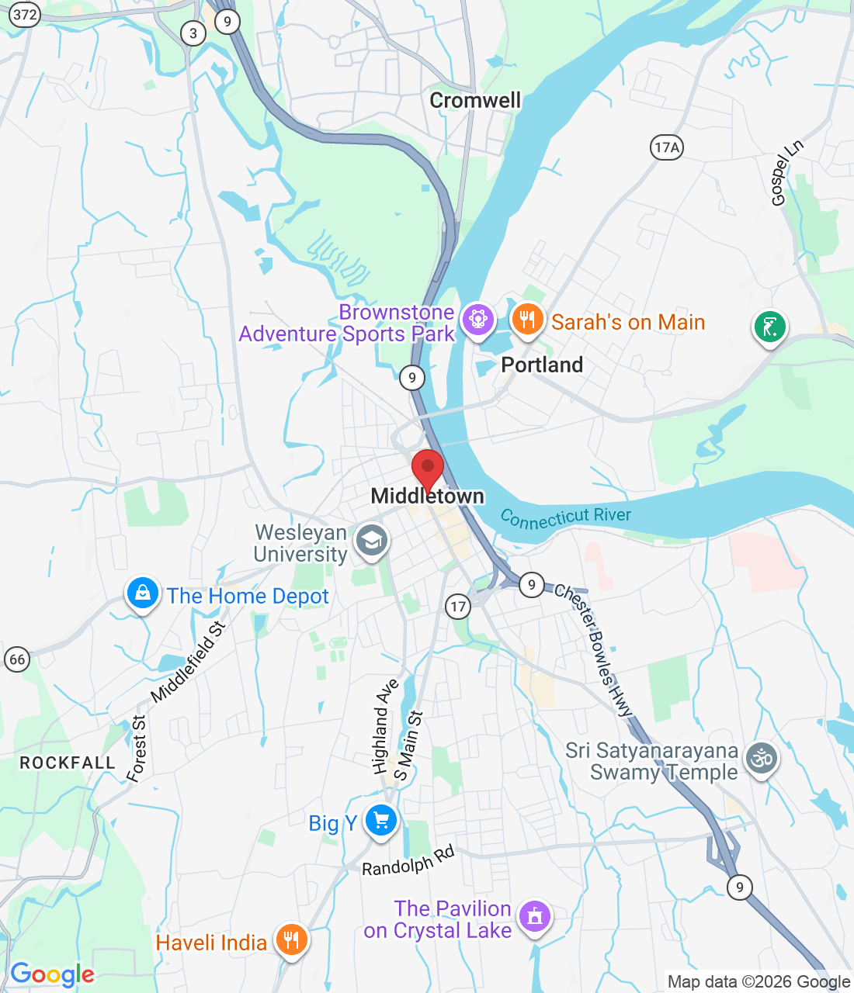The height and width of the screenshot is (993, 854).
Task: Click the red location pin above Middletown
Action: pos(427,469)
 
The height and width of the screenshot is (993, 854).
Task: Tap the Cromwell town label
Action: pos(475,100)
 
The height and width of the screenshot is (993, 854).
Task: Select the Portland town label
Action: pos(542,365)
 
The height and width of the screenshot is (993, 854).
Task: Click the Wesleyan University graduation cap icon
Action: pos(372,541)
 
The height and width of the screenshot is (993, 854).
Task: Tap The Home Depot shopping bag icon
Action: pos(142,593)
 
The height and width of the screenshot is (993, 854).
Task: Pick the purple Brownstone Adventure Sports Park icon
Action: pos(477,319)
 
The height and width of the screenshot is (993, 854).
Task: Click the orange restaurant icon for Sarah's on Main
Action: pos(527,319)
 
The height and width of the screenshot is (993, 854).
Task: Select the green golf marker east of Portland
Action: pos(769,327)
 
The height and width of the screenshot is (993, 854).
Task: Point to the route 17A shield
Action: pos(666,147)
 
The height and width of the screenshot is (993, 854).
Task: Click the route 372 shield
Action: pos(25,15)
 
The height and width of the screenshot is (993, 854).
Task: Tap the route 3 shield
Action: pos(193,33)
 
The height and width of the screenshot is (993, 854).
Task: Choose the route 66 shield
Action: pos(17,660)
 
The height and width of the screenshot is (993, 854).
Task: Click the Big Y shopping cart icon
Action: pos(380,820)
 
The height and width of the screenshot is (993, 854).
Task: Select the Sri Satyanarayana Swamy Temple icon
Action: pos(762,758)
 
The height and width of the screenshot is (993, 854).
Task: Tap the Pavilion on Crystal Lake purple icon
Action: pos(534,917)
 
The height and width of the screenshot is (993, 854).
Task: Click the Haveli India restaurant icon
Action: pos(291,940)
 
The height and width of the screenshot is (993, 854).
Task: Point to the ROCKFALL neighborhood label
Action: pos(68,763)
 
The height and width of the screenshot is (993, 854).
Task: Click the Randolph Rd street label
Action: pos(408,861)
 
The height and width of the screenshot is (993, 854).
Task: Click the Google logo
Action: pos(52,974)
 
